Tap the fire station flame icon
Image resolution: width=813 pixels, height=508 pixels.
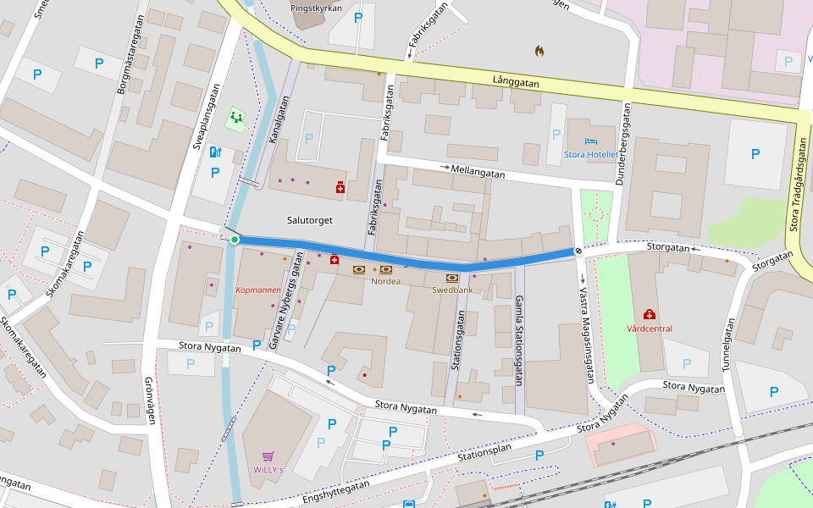(539, 51)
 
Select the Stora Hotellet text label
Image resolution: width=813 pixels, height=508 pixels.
(591, 155)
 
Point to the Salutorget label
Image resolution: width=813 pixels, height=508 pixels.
(309, 220)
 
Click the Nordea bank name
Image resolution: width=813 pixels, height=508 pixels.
(385, 281)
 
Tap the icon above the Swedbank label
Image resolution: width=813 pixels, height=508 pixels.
(452, 277)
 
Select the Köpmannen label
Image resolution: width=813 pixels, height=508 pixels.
(257, 290)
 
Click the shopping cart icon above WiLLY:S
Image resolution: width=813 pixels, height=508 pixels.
(268, 456)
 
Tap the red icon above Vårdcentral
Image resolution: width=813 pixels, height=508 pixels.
(650, 315)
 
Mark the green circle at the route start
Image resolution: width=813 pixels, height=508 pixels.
(235, 240)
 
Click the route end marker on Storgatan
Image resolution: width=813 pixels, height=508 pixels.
(578, 251)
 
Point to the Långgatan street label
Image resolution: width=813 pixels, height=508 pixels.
(516, 82)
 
